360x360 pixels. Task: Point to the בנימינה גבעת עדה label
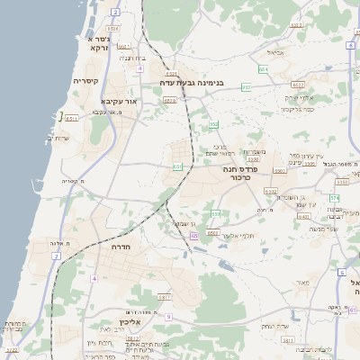192,82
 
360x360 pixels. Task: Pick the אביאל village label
275,52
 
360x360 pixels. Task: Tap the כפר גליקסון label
297,109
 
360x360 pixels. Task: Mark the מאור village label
301,283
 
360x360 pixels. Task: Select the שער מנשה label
324,229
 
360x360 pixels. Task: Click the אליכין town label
130,321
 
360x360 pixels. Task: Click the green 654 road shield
263,68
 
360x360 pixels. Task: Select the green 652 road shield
213,125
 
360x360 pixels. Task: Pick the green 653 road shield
216,213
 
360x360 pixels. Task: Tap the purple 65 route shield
194,236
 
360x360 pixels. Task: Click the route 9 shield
168,316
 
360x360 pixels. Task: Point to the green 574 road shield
334,197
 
